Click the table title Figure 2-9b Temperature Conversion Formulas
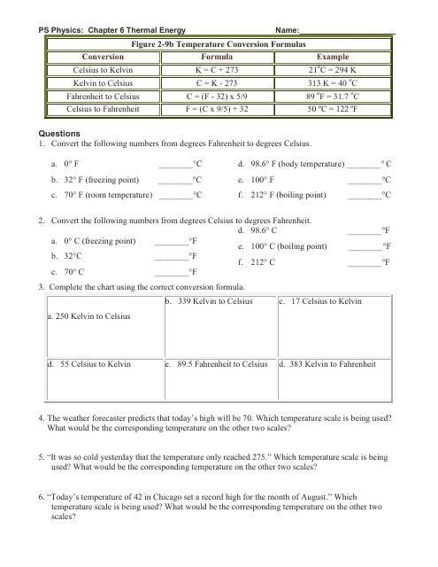click(218, 43)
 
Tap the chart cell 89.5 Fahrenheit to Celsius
click(221, 363)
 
